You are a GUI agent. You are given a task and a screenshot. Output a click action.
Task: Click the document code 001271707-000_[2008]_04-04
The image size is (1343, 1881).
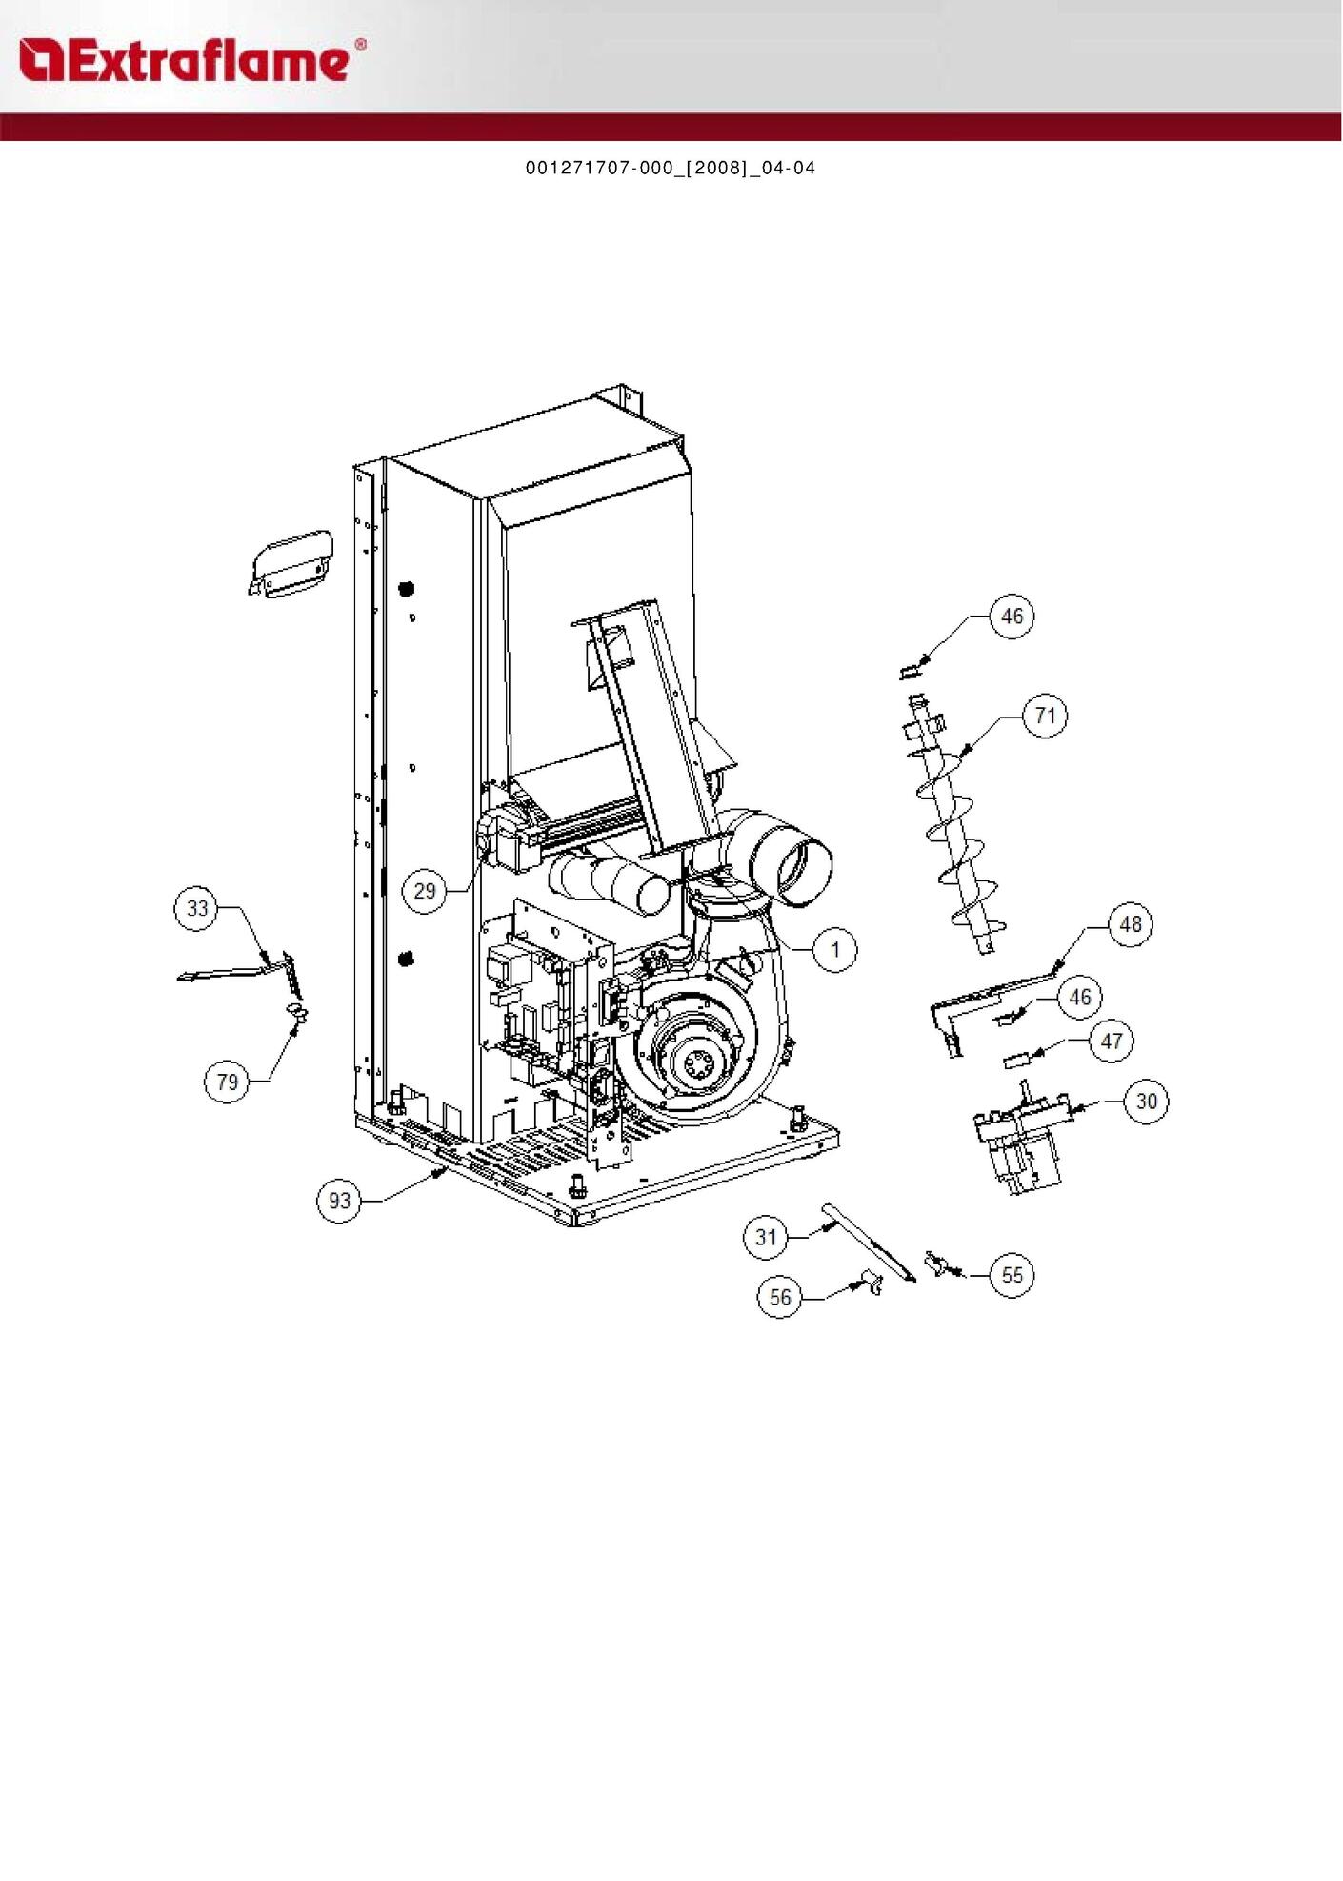point(671,169)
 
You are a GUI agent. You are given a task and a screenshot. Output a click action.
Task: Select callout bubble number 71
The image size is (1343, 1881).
point(1046,716)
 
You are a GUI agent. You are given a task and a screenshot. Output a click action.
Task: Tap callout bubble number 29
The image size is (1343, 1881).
point(425,891)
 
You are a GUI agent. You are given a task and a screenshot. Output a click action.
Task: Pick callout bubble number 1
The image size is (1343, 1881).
point(835,949)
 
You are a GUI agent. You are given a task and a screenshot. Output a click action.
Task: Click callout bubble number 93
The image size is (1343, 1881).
point(340,1201)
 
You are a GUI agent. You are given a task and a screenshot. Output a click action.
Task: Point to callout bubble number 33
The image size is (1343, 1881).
point(197,908)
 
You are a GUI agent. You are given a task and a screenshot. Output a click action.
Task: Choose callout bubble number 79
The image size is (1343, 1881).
point(228,1082)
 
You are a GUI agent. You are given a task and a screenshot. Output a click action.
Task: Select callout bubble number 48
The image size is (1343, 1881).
point(1131,924)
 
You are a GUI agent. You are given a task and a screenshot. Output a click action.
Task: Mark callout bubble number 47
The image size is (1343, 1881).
point(1112,1041)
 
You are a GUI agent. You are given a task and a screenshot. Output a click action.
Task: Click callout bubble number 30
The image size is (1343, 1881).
point(1147,1102)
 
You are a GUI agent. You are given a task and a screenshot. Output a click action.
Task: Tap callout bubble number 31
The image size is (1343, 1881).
point(767,1237)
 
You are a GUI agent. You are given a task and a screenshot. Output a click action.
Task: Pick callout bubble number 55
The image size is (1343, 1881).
point(1012,1275)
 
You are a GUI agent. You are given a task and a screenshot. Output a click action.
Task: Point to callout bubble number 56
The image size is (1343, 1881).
point(780,1297)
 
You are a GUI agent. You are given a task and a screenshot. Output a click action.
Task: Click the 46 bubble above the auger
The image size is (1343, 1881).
point(1012,617)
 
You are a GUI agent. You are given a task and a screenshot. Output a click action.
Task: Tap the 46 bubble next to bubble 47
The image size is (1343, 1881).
point(1080,997)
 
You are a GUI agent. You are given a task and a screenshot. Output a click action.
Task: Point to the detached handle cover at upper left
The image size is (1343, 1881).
point(291,564)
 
